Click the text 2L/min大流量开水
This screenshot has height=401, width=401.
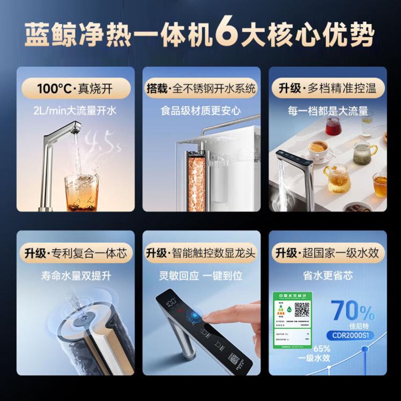[x=74, y=111]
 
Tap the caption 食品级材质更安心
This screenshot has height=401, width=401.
[x=200, y=111]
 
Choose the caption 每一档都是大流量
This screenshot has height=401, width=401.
[x=327, y=111]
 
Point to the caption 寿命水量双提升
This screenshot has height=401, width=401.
[x=74, y=276]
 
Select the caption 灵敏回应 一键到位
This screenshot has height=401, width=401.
[x=200, y=276]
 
